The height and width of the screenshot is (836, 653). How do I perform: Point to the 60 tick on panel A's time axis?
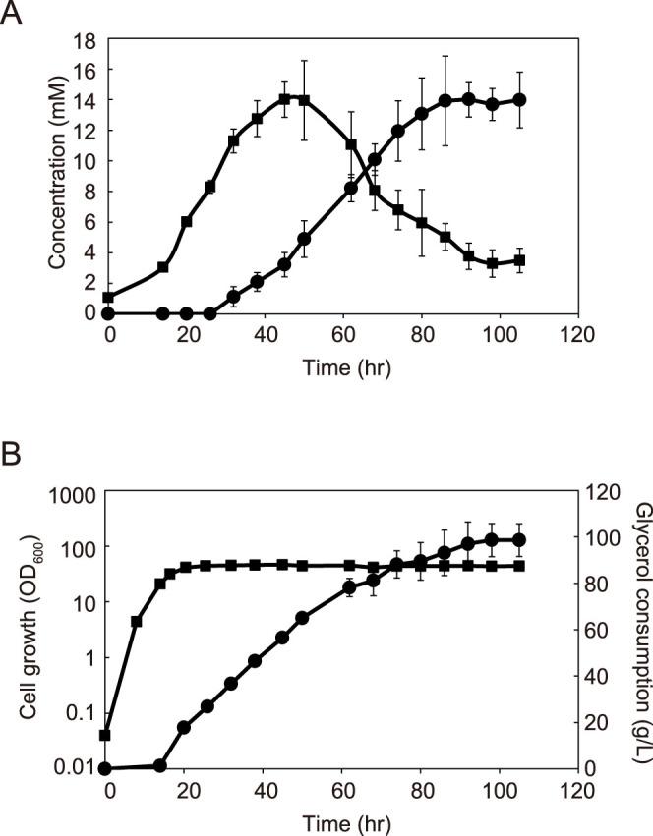(x=342, y=334)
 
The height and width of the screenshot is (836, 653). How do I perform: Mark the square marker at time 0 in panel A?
(x=108, y=298)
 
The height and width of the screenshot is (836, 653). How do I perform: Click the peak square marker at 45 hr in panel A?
(x=284, y=99)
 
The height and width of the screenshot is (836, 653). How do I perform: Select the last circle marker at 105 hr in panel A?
(x=518, y=100)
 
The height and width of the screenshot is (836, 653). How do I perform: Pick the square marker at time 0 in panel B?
(x=108, y=735)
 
